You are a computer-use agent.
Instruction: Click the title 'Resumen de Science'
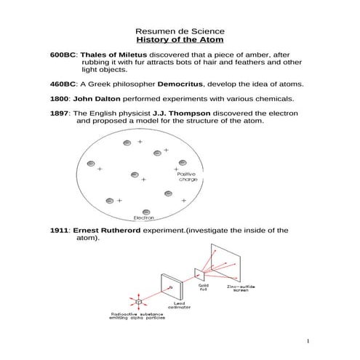[180, 32]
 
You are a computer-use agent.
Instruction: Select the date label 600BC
[63, 55]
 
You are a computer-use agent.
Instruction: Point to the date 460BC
[63, 84]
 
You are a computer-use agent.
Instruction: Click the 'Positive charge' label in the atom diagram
[188, 177]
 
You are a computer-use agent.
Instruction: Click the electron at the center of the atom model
[135, 175]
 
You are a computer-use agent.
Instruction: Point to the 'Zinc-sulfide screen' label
[238, 289]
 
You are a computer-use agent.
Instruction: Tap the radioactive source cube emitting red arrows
[137, 300]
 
